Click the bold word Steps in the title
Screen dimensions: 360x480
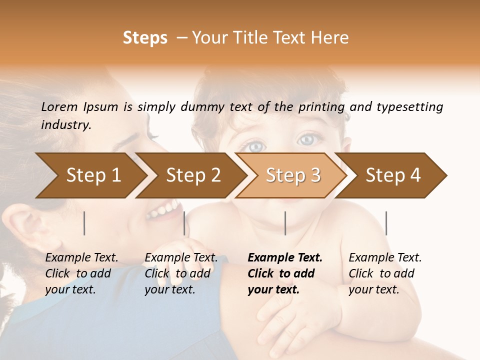pyautogui.click(x=145, y=38)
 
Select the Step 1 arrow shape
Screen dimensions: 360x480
pyautogui.click(x=93, y=175)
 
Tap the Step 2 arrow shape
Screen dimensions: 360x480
pyautogui.click(x=193, y=175)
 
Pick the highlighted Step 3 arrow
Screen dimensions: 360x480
pyautogui.click(x=293, y=175)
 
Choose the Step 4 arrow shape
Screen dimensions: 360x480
pyautogui.click(x=393, y=175)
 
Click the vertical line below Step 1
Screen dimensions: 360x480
pyautogui.click(x=84, y=223)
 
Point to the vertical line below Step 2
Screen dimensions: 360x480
pyautogui.click(x=184, y=223)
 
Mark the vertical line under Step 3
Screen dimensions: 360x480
pyautogui.click(x=285, y=223)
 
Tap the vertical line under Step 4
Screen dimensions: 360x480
pyautogui.click(x=386, y=223)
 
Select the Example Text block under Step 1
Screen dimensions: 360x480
pyautogui.click(x=81, y=273)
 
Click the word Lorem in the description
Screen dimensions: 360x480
pyautogui.click(x=59, y=107)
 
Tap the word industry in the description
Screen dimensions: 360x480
pyautogui.click(x=65, y=125)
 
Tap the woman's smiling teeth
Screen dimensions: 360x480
pyautogui.click(x=162, y=209)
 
